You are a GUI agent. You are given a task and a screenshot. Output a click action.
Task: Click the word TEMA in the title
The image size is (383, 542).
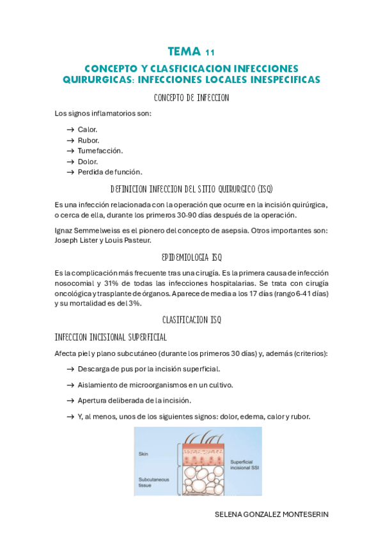pyautogui.click(x=184, y=51)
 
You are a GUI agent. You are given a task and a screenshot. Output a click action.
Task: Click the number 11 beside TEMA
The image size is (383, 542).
pyautogui.click(x=210, y=52)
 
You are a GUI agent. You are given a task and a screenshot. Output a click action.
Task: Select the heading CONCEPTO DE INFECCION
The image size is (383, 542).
pyautogui.click(x=191, y=98)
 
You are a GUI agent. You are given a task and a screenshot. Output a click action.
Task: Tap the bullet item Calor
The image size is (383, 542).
pyautogui.click(x=88, y=130)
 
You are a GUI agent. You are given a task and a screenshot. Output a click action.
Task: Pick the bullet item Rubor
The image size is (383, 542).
pyautogui.click(x=88, y=140)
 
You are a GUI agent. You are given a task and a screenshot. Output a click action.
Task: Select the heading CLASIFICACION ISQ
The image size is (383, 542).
pyautogui.click(x=191, y=319)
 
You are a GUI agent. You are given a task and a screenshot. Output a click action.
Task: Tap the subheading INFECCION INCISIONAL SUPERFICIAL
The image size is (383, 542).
pyautogui.click(x=111, y=337)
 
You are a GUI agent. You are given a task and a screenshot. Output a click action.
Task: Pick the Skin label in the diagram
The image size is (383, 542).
pyautogui.click(x=143, y=454)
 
